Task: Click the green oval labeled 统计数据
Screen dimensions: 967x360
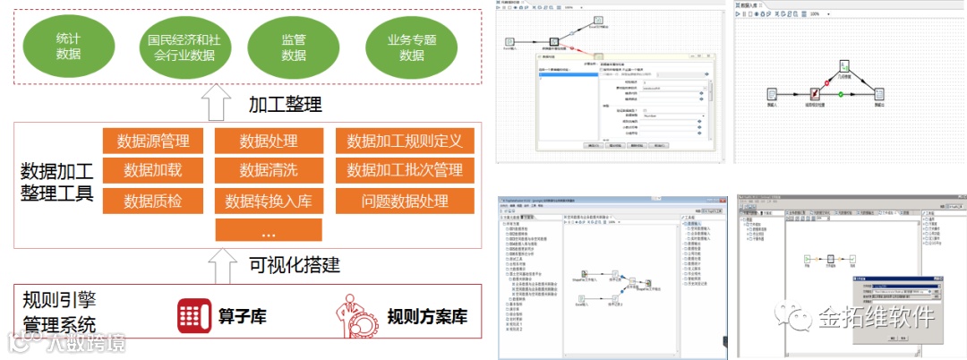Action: pos(68,45)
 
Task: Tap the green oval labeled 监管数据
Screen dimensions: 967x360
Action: pos(294,45)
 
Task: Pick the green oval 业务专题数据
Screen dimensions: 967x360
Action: pos(411,45)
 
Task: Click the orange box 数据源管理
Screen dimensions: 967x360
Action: pos(153,141)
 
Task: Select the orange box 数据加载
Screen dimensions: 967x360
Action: pos(153,170)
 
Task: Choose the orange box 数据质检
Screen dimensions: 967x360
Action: pos(153,201)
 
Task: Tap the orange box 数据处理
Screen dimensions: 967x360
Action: pos(268,141)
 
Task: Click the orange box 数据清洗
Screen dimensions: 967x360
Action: pos(268,170)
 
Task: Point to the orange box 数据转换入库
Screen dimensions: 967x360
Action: pos(268,201)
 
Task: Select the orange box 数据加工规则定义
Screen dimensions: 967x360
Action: pos(405,141)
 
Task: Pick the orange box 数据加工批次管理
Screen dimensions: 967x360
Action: pos(405,170)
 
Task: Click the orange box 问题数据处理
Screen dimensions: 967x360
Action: pos(405,201)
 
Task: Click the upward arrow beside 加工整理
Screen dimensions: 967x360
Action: pos(216,102)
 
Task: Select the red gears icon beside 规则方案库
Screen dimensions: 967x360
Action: pos(353,315)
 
